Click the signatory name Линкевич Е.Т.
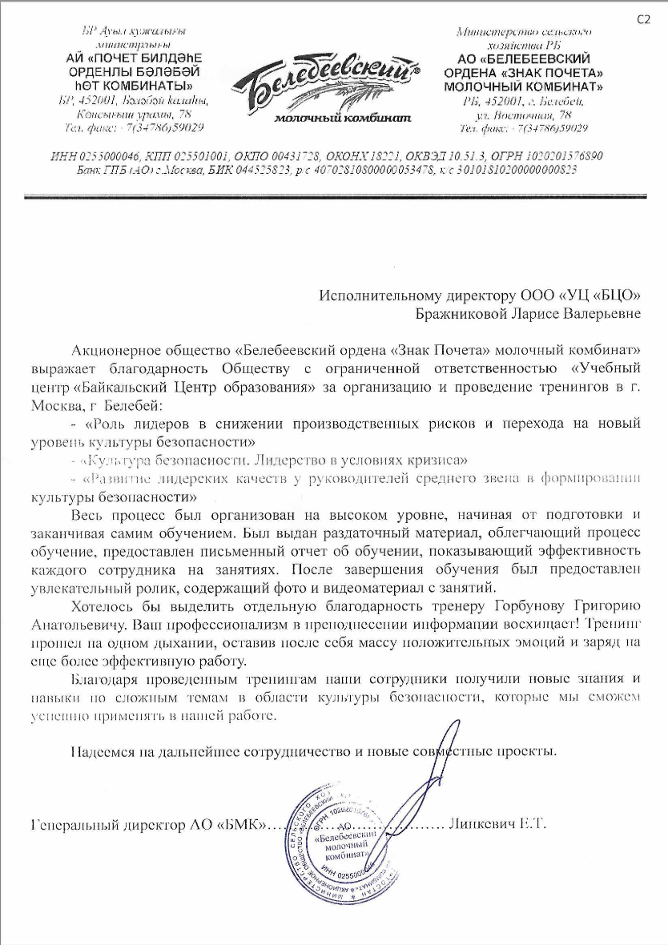(x=497, y=823)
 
